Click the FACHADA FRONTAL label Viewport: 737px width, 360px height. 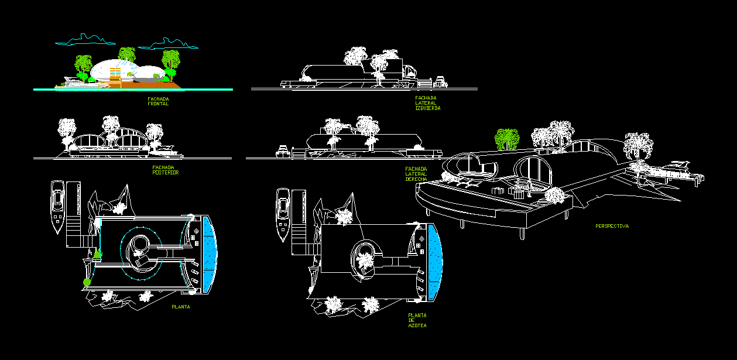(x=158, y=101)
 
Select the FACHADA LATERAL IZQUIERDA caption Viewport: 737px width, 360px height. (x=427, y=103)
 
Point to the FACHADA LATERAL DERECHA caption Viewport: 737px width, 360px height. (x=416, y=174)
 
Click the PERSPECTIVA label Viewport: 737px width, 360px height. (x=612, y=226)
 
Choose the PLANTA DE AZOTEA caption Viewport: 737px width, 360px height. (x=417, y=320)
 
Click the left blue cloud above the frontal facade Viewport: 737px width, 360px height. (x=85, y=40)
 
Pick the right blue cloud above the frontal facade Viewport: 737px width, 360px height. (x=169, y=43)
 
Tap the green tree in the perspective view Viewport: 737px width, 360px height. (x=507, y=139)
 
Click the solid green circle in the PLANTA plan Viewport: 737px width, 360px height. (x=87, y=283)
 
